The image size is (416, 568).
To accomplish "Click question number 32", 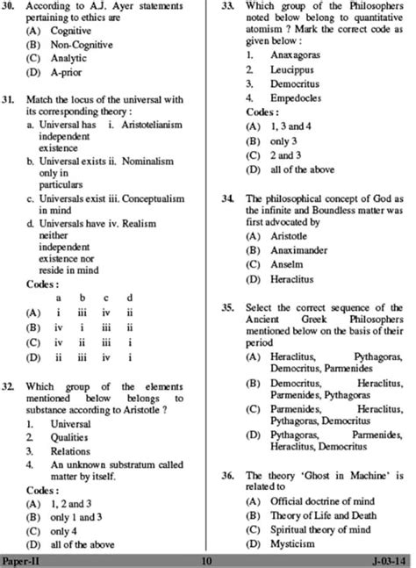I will click(x=11, y=387).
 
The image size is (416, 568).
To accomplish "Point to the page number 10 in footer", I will click(x=207, y=560).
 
